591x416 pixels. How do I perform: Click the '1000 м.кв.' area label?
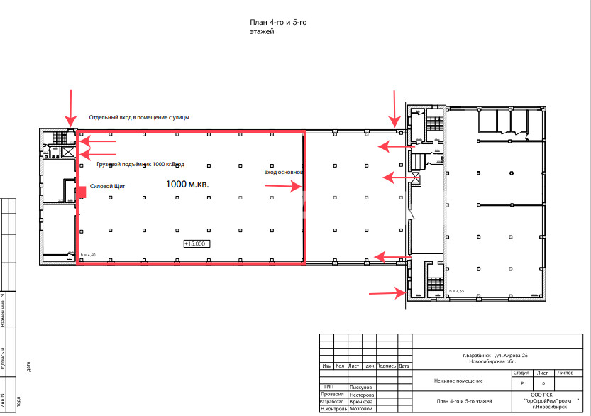[187, 184]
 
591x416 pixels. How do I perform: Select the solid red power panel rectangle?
[83, 191]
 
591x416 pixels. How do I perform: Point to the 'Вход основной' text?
[284, 172]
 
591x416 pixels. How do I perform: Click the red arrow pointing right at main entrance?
[283, 186]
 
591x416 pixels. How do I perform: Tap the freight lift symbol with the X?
[69, 152]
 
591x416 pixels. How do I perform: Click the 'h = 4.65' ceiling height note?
[456, 292]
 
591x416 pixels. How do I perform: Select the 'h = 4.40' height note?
[87, 255]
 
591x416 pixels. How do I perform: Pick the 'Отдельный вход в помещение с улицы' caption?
[140, 117]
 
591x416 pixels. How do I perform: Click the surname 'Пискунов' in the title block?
[361, 388]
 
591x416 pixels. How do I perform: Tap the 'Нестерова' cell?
[363, 395]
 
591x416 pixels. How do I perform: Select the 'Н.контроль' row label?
[333, 409]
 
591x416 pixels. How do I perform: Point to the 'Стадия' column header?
[521, 372]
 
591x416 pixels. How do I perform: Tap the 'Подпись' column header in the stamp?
[387, 366]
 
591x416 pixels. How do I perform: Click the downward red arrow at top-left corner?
[70, 107]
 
